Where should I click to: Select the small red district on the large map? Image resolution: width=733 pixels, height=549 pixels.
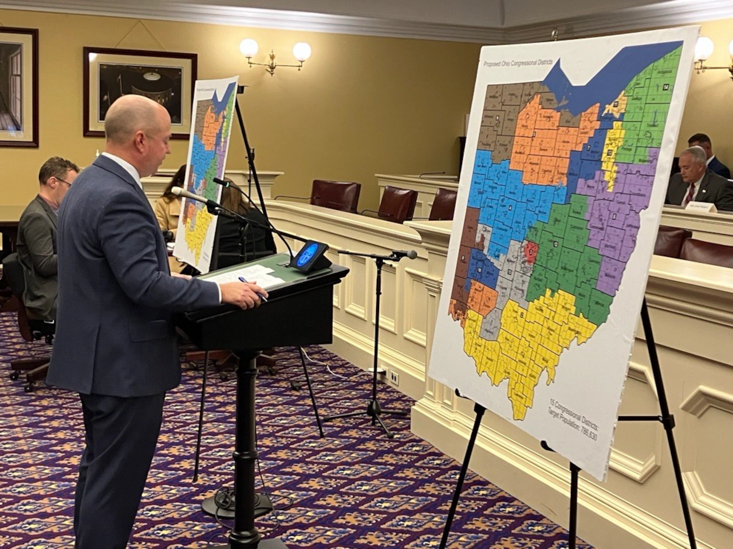[531, 250]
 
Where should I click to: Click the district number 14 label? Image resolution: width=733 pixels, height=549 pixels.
[666, 86]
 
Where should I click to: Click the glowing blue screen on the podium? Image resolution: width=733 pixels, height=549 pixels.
[310, 254]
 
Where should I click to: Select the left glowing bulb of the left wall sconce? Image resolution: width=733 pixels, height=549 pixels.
[249, 48]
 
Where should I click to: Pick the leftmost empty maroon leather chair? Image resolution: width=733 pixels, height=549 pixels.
[336, 196]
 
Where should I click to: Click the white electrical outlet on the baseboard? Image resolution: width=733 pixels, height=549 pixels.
[395, 377]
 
